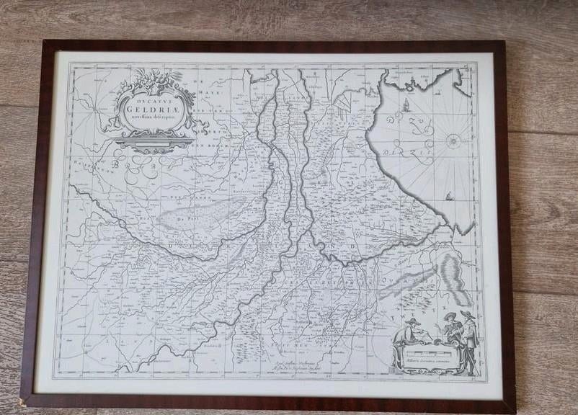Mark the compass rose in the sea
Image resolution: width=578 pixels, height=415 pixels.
click(x=453, y=141)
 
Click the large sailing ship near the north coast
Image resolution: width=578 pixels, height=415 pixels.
click(x=406, y=104)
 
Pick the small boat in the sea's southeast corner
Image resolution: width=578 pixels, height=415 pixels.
click(x=450, y=196)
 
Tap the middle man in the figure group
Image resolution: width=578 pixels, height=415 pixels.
click(x=450, y=328)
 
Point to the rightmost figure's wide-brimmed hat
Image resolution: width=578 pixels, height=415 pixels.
click(x=468, y=315)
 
